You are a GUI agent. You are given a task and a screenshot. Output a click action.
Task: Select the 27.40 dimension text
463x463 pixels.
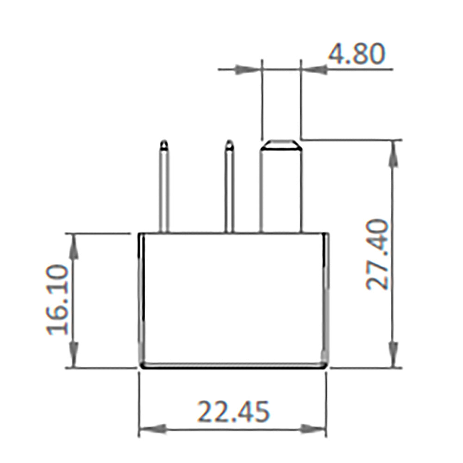click(377, 254)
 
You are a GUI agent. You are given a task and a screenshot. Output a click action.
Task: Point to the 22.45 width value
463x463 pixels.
click(233, 412)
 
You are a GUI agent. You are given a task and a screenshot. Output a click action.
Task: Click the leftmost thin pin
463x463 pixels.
click(164, 190)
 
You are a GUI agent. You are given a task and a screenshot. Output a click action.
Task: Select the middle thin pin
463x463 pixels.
click(229, 190)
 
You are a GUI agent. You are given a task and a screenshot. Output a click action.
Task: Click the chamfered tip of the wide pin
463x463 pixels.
click(281, 144)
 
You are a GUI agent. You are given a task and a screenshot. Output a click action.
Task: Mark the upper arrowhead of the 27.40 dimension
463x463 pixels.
click(394, 153)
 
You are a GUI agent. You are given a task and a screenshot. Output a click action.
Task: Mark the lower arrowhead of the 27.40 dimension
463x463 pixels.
click(394, 355)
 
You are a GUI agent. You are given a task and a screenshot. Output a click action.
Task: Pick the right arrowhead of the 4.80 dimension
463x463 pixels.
click(315, 70)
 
